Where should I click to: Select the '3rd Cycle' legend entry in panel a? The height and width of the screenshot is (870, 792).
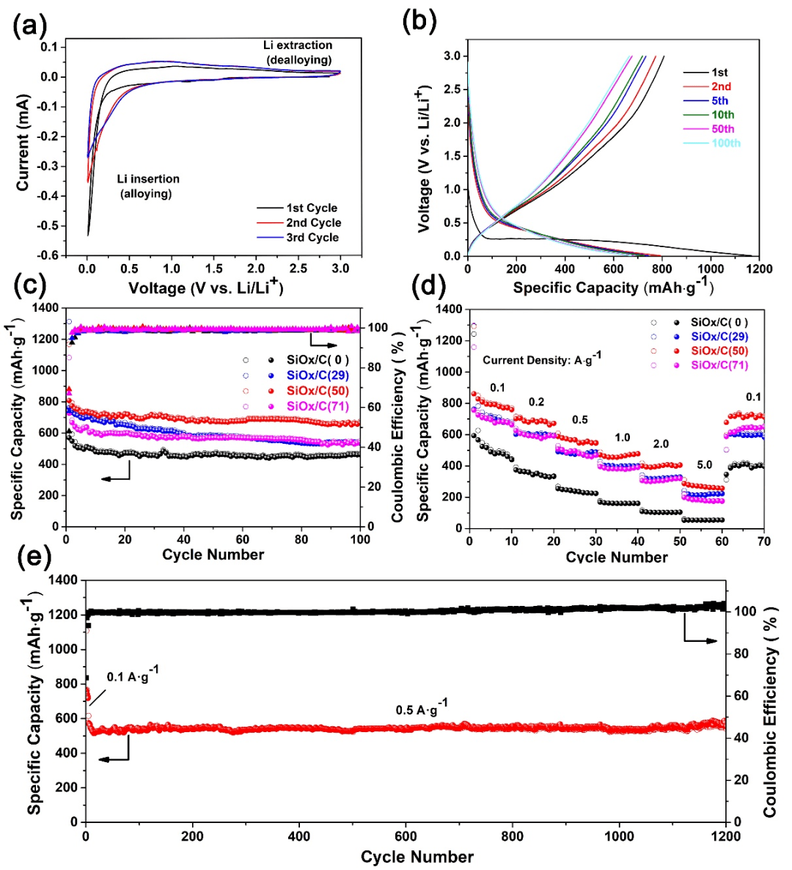tap(312, 237)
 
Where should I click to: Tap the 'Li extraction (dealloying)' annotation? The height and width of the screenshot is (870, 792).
tap(298, 52)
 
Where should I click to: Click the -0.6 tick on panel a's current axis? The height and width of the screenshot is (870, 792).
tap(48, 255)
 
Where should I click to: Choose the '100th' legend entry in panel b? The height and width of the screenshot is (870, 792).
tap(725, 143)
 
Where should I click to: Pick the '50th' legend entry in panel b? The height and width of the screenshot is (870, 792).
tap(722, 129)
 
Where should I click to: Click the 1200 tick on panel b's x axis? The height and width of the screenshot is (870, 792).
tap(758, 269)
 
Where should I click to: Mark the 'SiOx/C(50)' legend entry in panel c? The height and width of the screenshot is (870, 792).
tap(318, 390)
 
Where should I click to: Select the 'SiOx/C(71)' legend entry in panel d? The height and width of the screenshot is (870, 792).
tap(719, 365)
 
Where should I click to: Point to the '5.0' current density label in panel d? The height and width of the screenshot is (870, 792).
tap(705, 464)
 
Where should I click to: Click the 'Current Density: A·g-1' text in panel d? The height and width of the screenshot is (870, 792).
tap(542, 359)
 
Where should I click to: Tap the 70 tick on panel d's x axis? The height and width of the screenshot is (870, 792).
tap(764, 541)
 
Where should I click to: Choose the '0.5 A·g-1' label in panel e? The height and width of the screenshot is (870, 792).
tap(421, 709)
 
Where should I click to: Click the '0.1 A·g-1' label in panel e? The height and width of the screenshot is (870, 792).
tap(132, 676)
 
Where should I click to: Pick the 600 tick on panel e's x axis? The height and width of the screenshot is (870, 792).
tap(406, 836)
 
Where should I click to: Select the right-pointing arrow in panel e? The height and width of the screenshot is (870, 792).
tap(700, 640)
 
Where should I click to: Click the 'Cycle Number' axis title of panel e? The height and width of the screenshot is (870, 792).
tap(417, 857)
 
